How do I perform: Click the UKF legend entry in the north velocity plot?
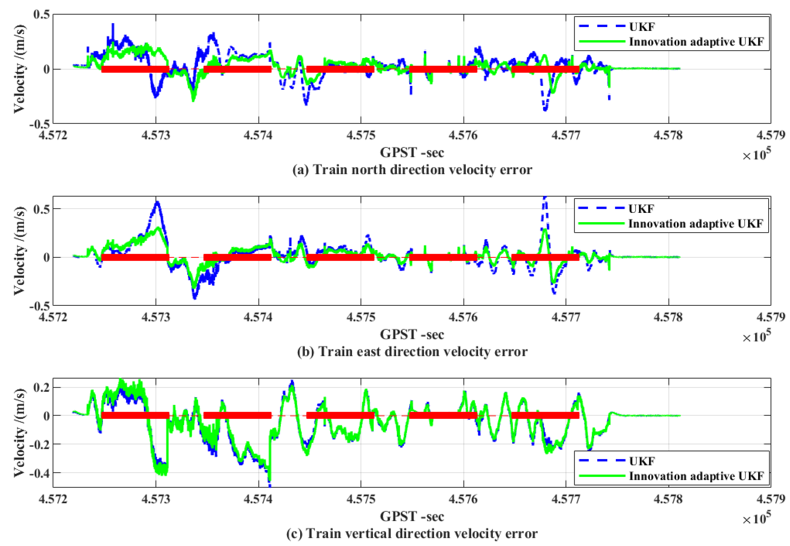[x=642, y=27]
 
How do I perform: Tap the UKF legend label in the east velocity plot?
[x=641, y=209]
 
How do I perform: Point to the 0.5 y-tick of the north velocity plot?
[x=41, y=14]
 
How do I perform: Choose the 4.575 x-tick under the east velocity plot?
[x=361, y=317]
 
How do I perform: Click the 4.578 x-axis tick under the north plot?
[x=668, y=135]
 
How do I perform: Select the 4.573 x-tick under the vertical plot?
[x=156, y=500]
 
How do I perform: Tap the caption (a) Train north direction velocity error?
[x=412, y=170]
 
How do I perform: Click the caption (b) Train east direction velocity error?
[x=412, y=352]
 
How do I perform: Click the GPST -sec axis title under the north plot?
[x=412, y=153]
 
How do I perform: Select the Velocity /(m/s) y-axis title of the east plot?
[x=19, y=251]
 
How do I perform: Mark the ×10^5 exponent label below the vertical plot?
[x=756, y=518]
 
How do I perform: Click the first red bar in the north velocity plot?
[x=135, y=69]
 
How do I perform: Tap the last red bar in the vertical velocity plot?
[x=545, y=415]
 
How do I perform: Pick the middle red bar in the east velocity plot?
[x=340, y=257]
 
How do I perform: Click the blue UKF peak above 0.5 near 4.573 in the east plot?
[x=158, y=203]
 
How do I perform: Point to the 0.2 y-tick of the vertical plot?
[x=41, y=387]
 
